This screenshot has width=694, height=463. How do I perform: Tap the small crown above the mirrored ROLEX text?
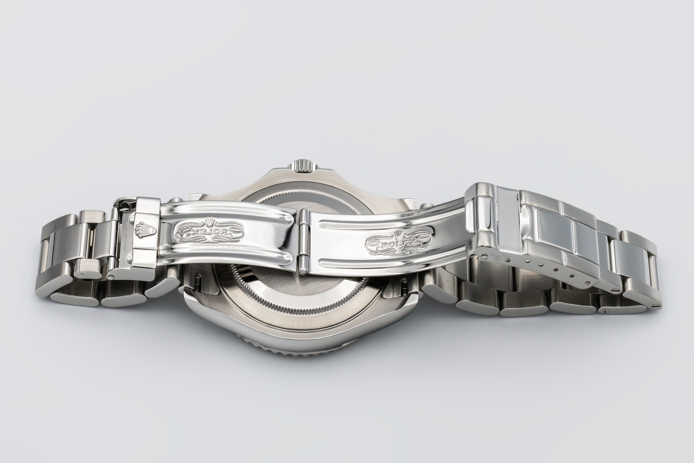[x=209, y=221]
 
